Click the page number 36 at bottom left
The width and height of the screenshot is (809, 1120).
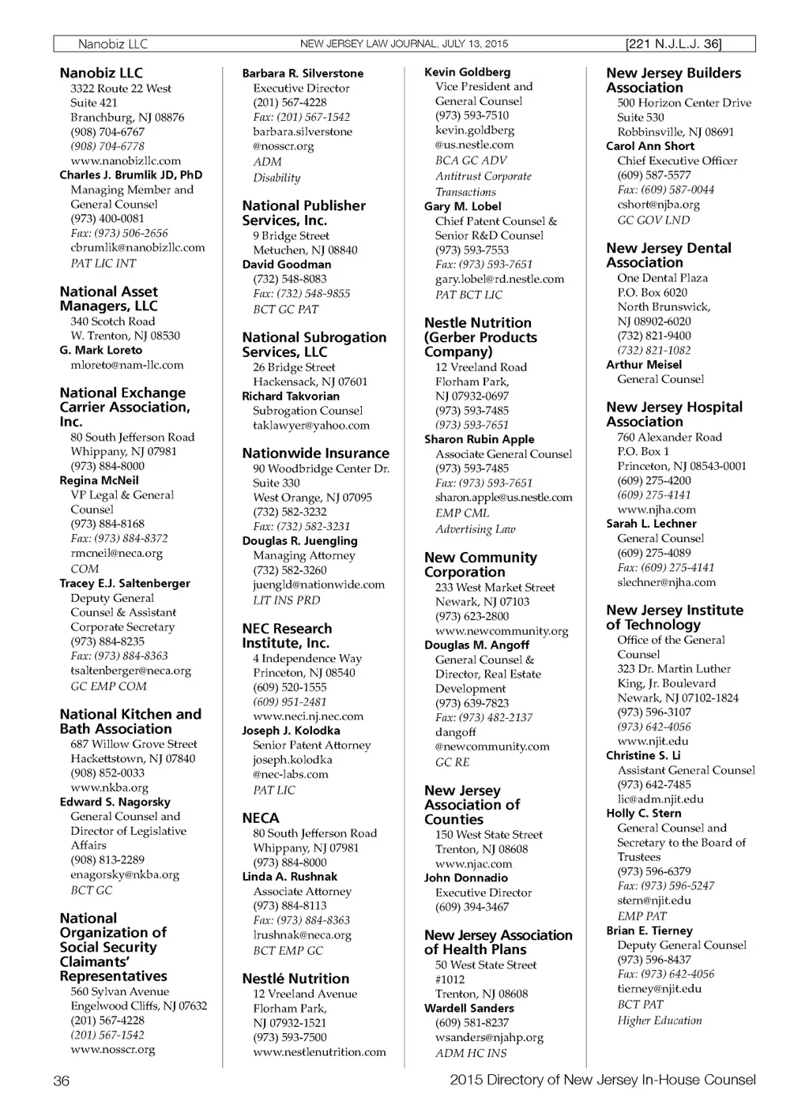61,1081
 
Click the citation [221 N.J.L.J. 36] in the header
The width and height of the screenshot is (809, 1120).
672,44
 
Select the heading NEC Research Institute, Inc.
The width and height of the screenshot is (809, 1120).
287,636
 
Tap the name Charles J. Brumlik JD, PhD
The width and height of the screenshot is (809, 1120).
130,175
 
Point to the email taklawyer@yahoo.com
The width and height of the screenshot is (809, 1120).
310,425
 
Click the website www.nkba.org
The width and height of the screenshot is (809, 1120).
109,787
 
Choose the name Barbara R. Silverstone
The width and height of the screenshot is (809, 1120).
303,73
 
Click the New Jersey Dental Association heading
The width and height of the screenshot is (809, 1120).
668,255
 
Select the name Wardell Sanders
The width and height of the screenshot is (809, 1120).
468,1008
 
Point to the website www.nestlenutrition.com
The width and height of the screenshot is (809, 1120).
319,1052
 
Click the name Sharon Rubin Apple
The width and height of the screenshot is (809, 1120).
479,439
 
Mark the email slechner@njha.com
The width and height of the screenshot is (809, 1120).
666,582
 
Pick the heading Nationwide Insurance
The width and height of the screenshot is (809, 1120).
315,453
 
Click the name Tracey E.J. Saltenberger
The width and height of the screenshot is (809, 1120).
125,583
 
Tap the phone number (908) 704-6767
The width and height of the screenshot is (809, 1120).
107,132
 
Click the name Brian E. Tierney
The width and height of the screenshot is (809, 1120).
649,930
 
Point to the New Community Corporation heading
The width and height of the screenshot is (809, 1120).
480,565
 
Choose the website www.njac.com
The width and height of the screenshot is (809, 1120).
473,863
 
